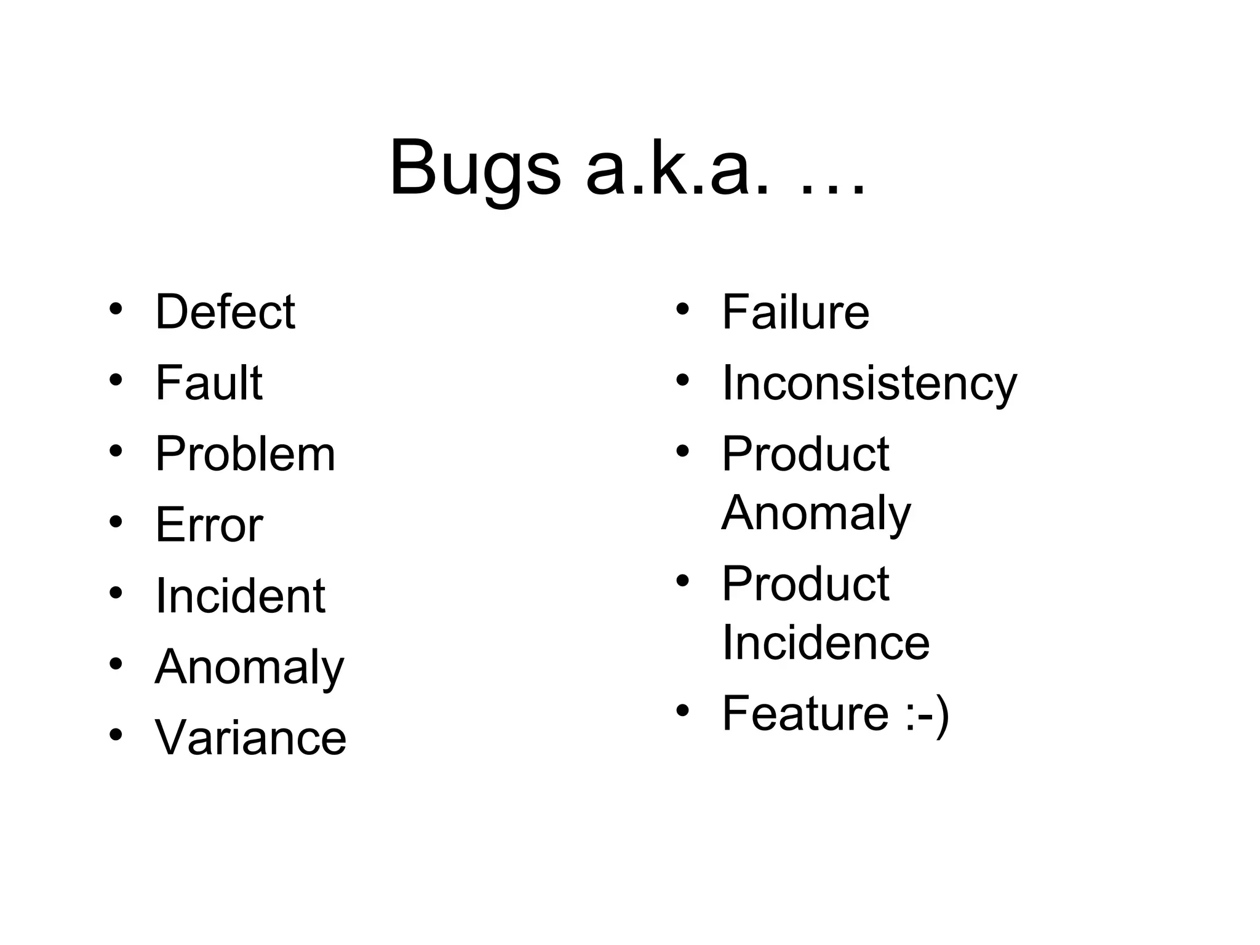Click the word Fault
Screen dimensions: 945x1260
pos(209,383)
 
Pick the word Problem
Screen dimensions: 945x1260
pos(245,454)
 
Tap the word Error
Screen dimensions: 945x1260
pos(209,525)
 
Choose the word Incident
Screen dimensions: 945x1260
pos(240,596)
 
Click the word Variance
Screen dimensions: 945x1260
pos(251,738)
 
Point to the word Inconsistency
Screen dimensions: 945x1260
pos(869,384)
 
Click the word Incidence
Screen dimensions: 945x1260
pos(826,642)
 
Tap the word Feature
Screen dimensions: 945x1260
pos(805,713)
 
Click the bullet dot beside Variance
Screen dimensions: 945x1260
pos(116,734)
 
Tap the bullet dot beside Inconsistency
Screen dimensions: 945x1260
pos(682,379)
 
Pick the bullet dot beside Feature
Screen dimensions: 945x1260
pos(682,711)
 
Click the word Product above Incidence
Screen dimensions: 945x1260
pos(805,583)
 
